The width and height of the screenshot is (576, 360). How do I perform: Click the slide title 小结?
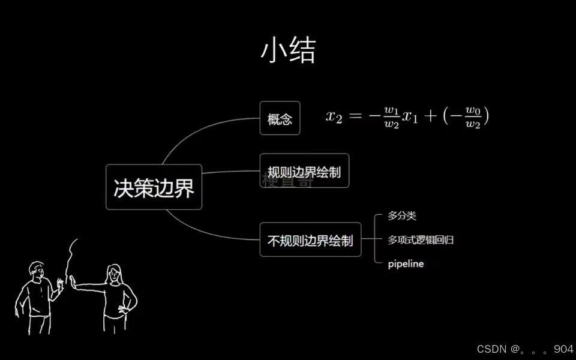point(287,52)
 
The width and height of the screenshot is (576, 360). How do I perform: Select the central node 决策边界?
point(154,187)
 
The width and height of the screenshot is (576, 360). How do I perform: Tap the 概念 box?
point(280,118)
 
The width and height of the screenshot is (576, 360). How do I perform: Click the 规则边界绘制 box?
point(304,171)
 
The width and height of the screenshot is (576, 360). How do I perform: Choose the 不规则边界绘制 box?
point(310,240)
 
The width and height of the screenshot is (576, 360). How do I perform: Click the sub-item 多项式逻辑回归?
point(420,240)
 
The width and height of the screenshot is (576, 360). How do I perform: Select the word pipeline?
point(406,263)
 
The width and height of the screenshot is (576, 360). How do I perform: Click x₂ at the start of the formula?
point(334,116)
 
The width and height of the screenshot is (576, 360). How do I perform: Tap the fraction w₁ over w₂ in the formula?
point(391,116)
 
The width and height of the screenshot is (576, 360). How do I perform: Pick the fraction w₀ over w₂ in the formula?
point(473,116)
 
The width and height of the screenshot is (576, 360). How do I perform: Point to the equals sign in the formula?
point(356,116)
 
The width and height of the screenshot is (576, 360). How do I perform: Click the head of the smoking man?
point(37,271)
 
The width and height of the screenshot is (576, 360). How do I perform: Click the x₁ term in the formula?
point(410,117)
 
